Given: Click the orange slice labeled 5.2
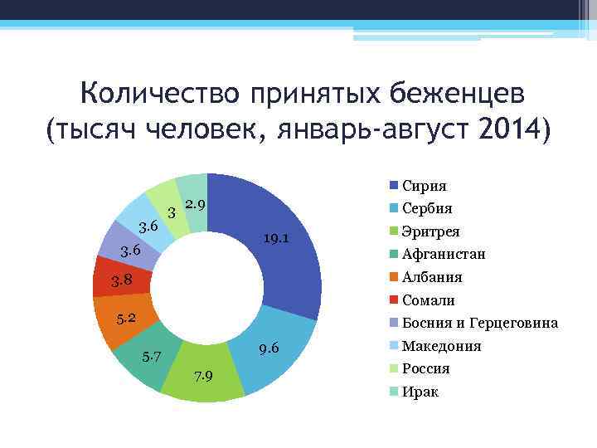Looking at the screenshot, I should tap(120, 319).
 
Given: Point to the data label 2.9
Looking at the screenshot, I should tap(196, 204).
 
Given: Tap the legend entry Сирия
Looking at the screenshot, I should tap(424, 186).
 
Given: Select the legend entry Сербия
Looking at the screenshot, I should tap(426, 208).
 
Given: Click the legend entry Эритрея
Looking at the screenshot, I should tap(430, 231).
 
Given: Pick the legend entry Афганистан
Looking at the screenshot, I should tap(443, 254).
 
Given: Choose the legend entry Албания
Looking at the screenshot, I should tap(431, 277).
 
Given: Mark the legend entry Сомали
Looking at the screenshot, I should tap(428, 300).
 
